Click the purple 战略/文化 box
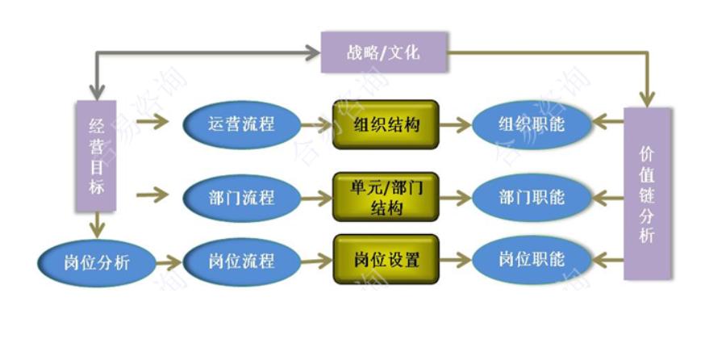[x=383, y=52]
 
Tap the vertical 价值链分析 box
[x=647, y=194]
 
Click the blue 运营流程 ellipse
[x=240, y=124]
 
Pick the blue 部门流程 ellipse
[x=240, y=196]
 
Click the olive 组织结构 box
[x=386, y=124]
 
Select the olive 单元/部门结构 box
[x=386, y=196]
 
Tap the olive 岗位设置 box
[x=386, y=260]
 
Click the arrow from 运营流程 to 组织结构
[x=315, y=124]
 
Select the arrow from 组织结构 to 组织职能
[x=456, y=124]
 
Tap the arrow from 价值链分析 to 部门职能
[x=607, y=196]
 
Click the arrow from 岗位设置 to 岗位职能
[x=456, y=260]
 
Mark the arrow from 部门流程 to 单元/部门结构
[x=315, y=196]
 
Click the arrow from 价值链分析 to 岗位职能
[x=607, y=260]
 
